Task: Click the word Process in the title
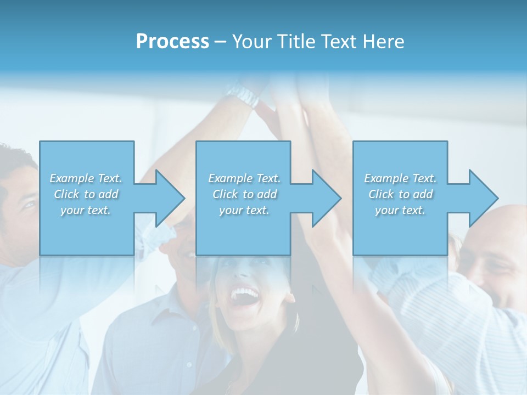[172, 42]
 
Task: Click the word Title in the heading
[296, 42]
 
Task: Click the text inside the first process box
[86, 194]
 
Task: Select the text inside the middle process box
[244, 194]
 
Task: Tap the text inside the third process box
[400, 194]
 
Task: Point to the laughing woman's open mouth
[244, 297]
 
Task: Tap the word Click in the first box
[66, 194]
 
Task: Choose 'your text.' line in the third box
[400, 210]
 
